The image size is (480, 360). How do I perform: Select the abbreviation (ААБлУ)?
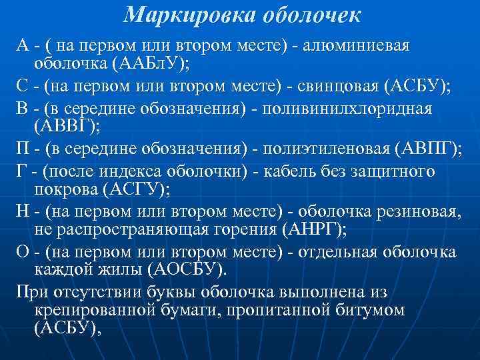[x=151, y=65]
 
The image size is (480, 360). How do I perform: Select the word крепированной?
[x=95, y=311]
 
